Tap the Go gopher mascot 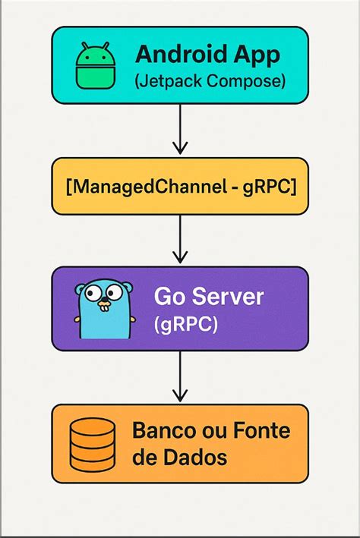coord(103,310)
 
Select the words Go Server coord(208,296)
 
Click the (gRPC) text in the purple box coord(185,324)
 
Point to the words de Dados coord(179,458)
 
